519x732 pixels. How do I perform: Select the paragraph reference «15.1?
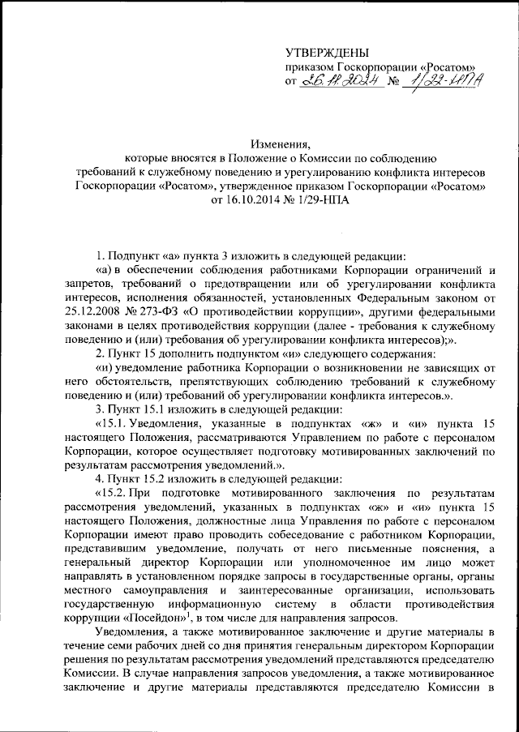tap(111, 424)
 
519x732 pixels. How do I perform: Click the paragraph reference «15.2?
tap(111, 494)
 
